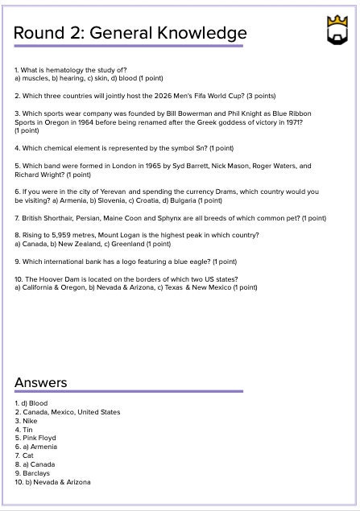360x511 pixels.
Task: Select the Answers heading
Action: (x=40, y=381)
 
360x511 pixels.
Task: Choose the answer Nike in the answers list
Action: (x=30, y=420)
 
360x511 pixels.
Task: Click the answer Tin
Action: (x=28, y=429)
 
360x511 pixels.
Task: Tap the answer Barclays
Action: (x=35, y=473)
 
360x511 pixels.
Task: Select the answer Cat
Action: (x=28, y=455)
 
